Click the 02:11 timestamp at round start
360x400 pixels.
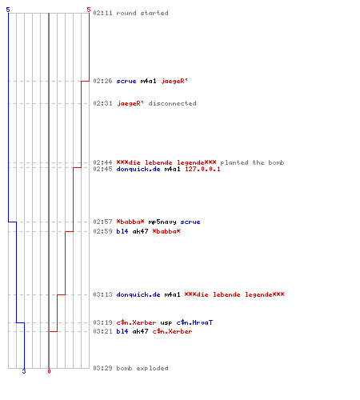(102, 13)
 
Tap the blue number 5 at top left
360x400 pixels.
(8, 10)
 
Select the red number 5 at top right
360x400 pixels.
(89, 10)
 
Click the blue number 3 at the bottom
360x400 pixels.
(24, 371)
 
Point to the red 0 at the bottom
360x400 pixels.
(49, 371)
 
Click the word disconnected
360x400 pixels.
(172, 103)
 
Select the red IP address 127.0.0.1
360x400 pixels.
(202, 169)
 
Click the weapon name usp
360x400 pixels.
(166, 322)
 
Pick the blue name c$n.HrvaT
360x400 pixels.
(194, 322)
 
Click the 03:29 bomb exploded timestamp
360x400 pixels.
(102, 368)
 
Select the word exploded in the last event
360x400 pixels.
(152, 368)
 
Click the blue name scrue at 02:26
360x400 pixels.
(126, 81)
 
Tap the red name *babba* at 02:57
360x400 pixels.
(130, 222)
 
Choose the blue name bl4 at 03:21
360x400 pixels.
(122, 331)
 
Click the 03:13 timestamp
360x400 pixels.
(102, 294)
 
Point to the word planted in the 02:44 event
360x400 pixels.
(234, 162)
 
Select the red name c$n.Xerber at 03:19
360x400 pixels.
(136, 322)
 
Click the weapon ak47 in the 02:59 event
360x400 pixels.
(140, 231)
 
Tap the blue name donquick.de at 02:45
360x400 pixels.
(138, 169)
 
